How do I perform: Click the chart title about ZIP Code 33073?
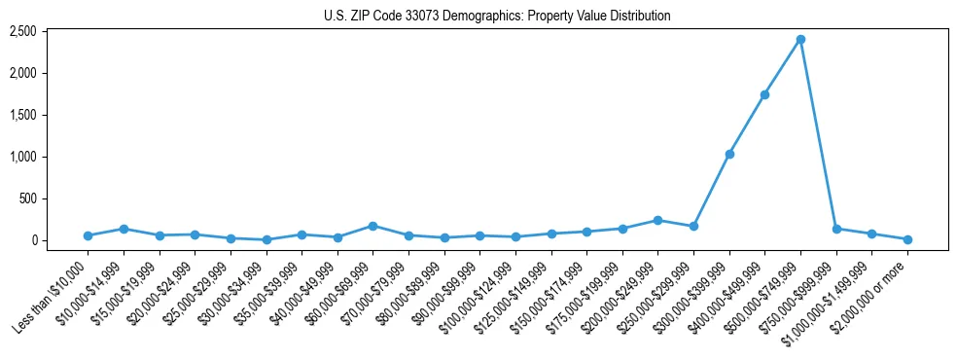click(x=497, y=16)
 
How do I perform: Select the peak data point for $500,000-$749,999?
click(x=800, y=39)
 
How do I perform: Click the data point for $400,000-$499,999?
click(x=764, y=94)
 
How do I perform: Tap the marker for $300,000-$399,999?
click(x=729, y=154)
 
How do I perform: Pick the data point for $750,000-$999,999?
click(x=836, y=229)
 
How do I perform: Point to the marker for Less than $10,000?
click(x=88, y=235)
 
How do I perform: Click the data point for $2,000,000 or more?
click(x=907, y=239)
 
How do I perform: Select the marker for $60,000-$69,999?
click(x=372, y=226)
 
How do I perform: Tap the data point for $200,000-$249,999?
click(x=657, y=220)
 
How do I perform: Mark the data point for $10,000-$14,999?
click(x=124, y=229)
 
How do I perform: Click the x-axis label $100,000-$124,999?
click(x=477, y=296)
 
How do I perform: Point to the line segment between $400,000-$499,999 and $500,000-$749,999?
click(x=783, y=66)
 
